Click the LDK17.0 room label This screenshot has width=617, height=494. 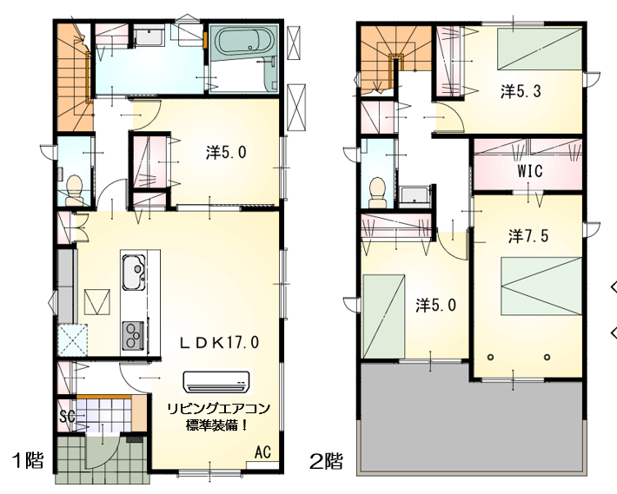(220, 342)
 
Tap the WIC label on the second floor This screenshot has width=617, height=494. (529, 171)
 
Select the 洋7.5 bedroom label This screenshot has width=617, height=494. (528, 236)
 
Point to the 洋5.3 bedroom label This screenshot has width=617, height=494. (521, 91)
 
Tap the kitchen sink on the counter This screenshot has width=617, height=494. (134, 272)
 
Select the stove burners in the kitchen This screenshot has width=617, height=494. (134, 336)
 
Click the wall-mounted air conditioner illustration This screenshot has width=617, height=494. (216, 382)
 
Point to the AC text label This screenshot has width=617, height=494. (262, 452)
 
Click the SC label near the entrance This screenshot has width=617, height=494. (67, 416)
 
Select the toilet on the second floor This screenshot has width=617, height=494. (378, 192)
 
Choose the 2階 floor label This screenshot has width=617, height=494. (326, 461)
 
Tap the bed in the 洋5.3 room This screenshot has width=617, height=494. (540, 49)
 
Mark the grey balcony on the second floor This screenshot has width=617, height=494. (472, 418)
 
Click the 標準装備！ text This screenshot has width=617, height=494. (216, 425)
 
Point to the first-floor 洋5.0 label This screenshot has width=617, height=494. (226, 153)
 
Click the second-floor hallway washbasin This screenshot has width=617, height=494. (415, 195)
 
